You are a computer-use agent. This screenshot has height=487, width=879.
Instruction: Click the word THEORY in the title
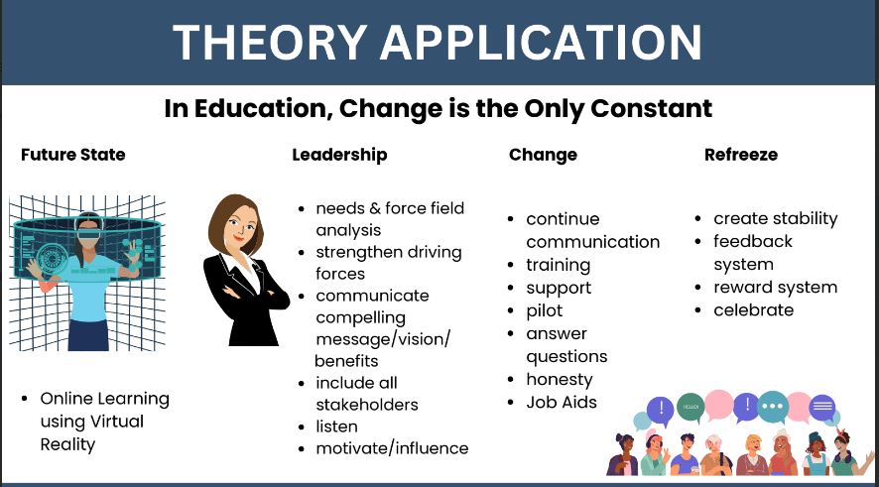[270, 43]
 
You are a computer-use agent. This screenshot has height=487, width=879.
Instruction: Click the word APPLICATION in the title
[541, 43]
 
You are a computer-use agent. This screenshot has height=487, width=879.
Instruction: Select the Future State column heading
[72, 155]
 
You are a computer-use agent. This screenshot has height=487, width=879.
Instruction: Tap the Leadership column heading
[339, 156]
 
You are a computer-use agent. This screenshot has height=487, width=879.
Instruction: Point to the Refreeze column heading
[741, 155]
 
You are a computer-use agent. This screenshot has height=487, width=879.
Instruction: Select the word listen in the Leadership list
[336, 426]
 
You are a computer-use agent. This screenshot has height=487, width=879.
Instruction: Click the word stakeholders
[367, 405]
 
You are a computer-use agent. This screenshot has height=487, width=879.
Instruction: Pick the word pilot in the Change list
[545, 311]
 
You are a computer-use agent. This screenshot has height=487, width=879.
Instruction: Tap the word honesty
[560, 380]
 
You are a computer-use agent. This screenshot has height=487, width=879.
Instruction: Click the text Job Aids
[562, 403]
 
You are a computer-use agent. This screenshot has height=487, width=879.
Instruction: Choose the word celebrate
[753, 309]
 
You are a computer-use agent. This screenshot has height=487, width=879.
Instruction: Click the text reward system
[775, 288]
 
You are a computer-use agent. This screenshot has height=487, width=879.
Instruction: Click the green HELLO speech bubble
[691, 408]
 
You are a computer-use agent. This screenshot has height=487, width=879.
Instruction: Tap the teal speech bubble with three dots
[773, 407]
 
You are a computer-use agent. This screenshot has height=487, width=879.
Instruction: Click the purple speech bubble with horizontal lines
[821, 407]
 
